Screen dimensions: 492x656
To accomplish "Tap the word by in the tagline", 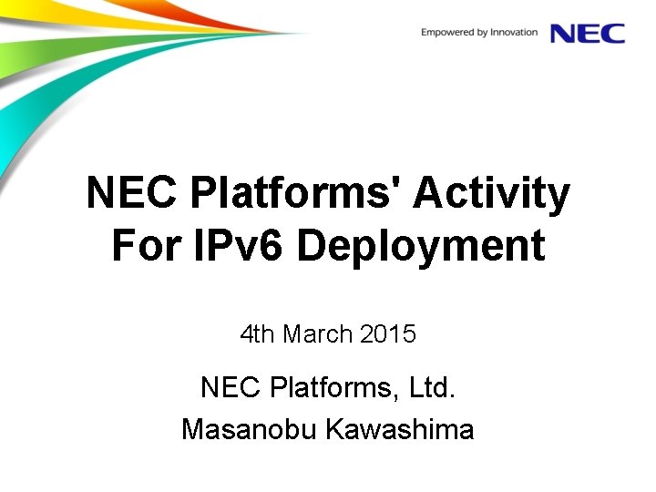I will pos(484,33).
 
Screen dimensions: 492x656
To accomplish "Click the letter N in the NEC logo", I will pos(563,33).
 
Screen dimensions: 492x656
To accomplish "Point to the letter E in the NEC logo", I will pos(589,33).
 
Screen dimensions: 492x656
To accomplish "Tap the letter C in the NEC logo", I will pos(612,33).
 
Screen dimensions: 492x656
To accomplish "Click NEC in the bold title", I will pos(133,193).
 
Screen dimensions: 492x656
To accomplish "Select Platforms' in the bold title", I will pos(296,193).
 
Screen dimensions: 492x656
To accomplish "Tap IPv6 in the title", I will pos(241,246).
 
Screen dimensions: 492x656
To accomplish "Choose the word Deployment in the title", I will pos(421,246).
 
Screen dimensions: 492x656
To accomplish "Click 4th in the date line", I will pos(258,334).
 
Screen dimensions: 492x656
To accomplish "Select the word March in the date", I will pos(317,334).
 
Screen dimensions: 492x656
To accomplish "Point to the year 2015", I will pos(388,334).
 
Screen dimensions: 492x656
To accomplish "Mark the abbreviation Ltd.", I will pos(432,387).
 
